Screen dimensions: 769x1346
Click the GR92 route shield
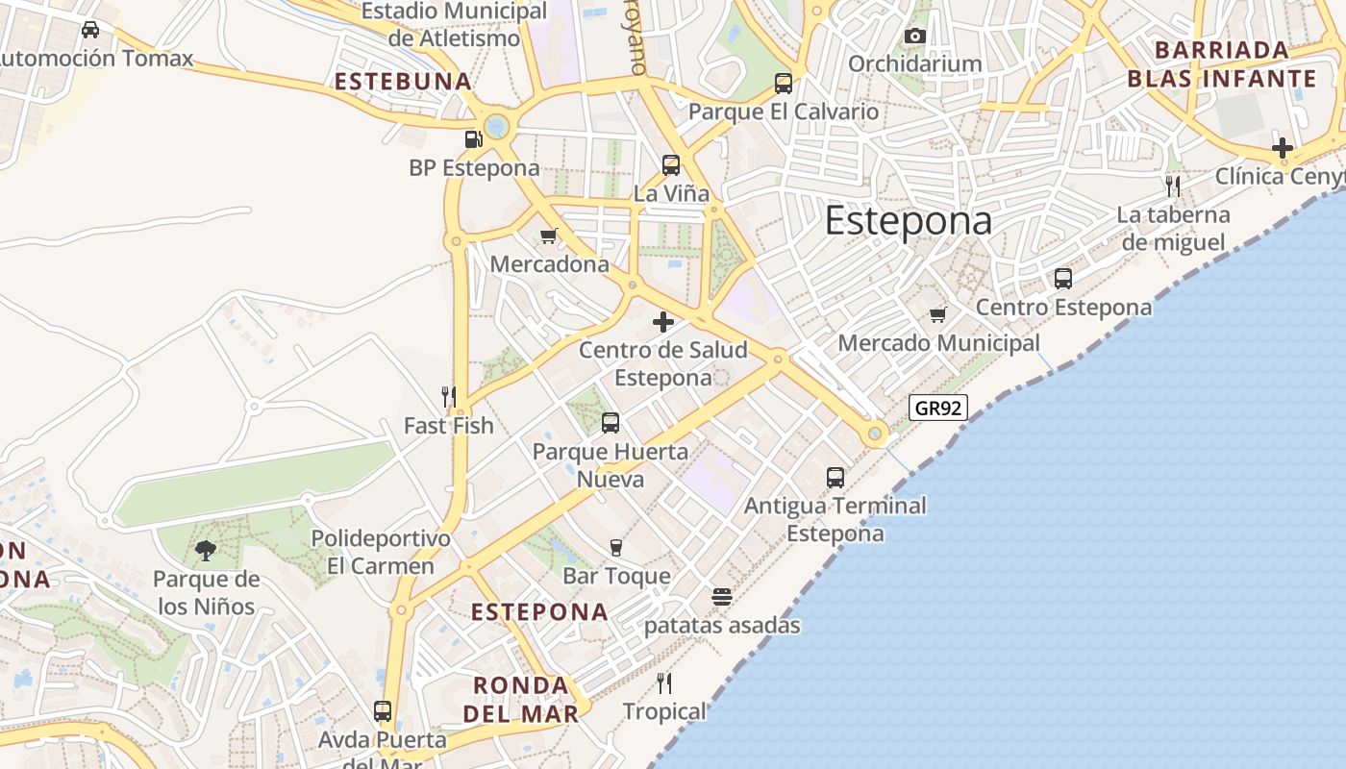tap(937, 408)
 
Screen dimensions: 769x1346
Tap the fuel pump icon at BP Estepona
tap(473, 139)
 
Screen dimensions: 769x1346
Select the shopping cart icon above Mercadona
tap(549, 236)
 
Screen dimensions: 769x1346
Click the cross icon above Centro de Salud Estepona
tap(663, 322)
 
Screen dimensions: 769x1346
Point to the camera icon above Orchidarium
tap(914, 37)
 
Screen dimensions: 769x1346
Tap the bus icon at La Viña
tap(671, 165)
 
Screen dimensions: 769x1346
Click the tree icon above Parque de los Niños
tap(205, 551)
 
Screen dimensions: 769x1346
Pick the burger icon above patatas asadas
tap(722, 597)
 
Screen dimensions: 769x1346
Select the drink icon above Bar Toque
tap(616, 548)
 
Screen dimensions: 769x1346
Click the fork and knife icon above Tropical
tap(663, 683)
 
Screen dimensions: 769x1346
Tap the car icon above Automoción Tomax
tap(90, 30)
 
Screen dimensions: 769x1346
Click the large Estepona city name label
tap(908, 221)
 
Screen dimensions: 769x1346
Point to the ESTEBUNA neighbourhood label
tap(403, 82)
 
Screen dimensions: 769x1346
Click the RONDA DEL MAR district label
tap(521, 699)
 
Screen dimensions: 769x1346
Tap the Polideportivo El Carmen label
tap(381, 552)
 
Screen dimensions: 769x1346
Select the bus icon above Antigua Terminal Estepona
tap(835, 478)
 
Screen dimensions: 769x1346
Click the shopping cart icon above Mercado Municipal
tap(938, 314)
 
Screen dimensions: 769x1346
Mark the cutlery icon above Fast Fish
tap(448, 396)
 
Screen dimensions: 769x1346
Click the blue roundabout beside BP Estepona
tap(496, 126)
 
